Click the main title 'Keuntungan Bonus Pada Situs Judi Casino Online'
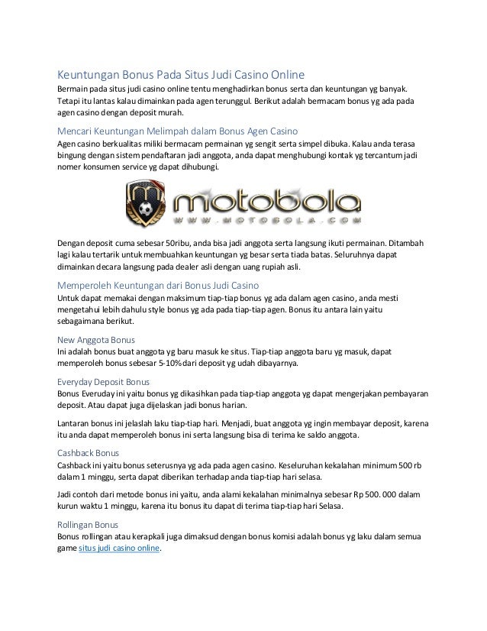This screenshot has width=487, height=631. coord(182,75)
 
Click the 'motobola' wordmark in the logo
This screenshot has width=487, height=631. coord(266,202)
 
